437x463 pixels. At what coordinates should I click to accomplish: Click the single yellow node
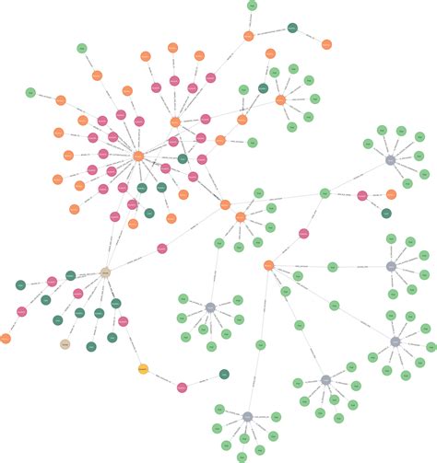(x=143, y=369)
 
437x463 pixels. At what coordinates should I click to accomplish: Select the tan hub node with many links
(x=105, y=273)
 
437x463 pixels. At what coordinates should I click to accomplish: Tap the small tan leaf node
(x=65, y=344)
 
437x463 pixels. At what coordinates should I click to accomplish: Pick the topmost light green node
(x=252, y=6)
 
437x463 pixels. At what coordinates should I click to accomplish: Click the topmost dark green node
(x=292, y=29)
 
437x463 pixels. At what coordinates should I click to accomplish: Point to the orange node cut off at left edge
(x=4, y=339)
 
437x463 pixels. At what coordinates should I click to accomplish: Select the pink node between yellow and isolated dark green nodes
(x=182, y=388)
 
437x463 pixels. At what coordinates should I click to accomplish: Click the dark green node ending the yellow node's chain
(x=224, y=375)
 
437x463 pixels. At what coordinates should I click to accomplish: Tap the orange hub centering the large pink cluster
(x=138, y=156)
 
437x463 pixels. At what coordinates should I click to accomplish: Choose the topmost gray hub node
(x=390, y=160)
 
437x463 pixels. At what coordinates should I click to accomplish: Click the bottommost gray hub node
(x=247, y=417)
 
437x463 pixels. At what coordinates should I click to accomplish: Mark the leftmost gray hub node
(x=210, y=307)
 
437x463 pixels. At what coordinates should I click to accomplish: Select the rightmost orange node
(x=391, y=194)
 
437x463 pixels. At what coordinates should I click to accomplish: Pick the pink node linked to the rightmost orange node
(x=362, y=195)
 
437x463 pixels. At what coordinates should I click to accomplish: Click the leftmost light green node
(x=30, y=93)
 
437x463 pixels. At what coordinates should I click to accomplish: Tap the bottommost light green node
(x=243, y=457)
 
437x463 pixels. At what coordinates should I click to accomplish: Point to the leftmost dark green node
(x=20, y=285)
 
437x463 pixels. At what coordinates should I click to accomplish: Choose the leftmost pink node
(x=21, y=312)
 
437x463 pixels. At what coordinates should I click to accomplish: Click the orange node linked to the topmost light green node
(x=249, y=36)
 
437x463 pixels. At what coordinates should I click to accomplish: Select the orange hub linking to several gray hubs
(x=268, y=265)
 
